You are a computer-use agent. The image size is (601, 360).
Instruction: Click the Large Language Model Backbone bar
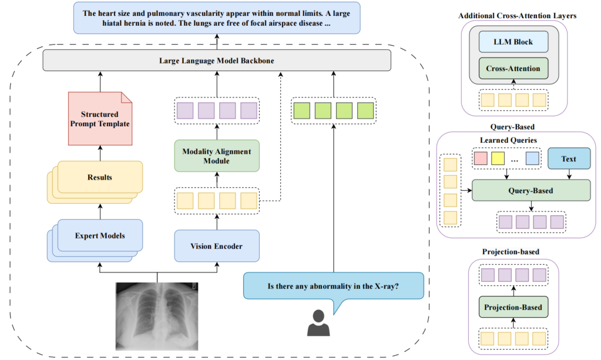tap(217, 60)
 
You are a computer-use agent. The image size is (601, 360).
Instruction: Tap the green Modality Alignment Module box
tap(217, 156)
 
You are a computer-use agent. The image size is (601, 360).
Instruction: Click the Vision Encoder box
tap(217, 246)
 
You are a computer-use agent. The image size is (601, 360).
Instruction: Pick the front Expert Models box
tap(100, 236)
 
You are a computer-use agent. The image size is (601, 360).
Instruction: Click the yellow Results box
tap(100, 177)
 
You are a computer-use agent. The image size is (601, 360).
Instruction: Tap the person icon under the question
tap(317, 324)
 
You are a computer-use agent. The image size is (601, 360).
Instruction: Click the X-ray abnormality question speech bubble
tap(333, 287)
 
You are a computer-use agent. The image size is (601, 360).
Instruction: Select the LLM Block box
tap(513, 42)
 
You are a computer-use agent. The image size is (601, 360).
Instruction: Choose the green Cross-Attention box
tap(513, 69)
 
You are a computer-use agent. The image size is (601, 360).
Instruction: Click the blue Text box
tap(568, 159)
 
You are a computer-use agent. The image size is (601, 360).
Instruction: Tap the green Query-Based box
tap(531, 190)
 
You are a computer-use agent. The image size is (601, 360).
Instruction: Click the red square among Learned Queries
tap(481, 158)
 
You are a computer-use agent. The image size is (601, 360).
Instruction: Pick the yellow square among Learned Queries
tap(498, 158)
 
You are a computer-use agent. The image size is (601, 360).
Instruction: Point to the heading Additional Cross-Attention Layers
tap(517, 15)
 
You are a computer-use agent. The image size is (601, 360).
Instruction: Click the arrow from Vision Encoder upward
tap(217, 221)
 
